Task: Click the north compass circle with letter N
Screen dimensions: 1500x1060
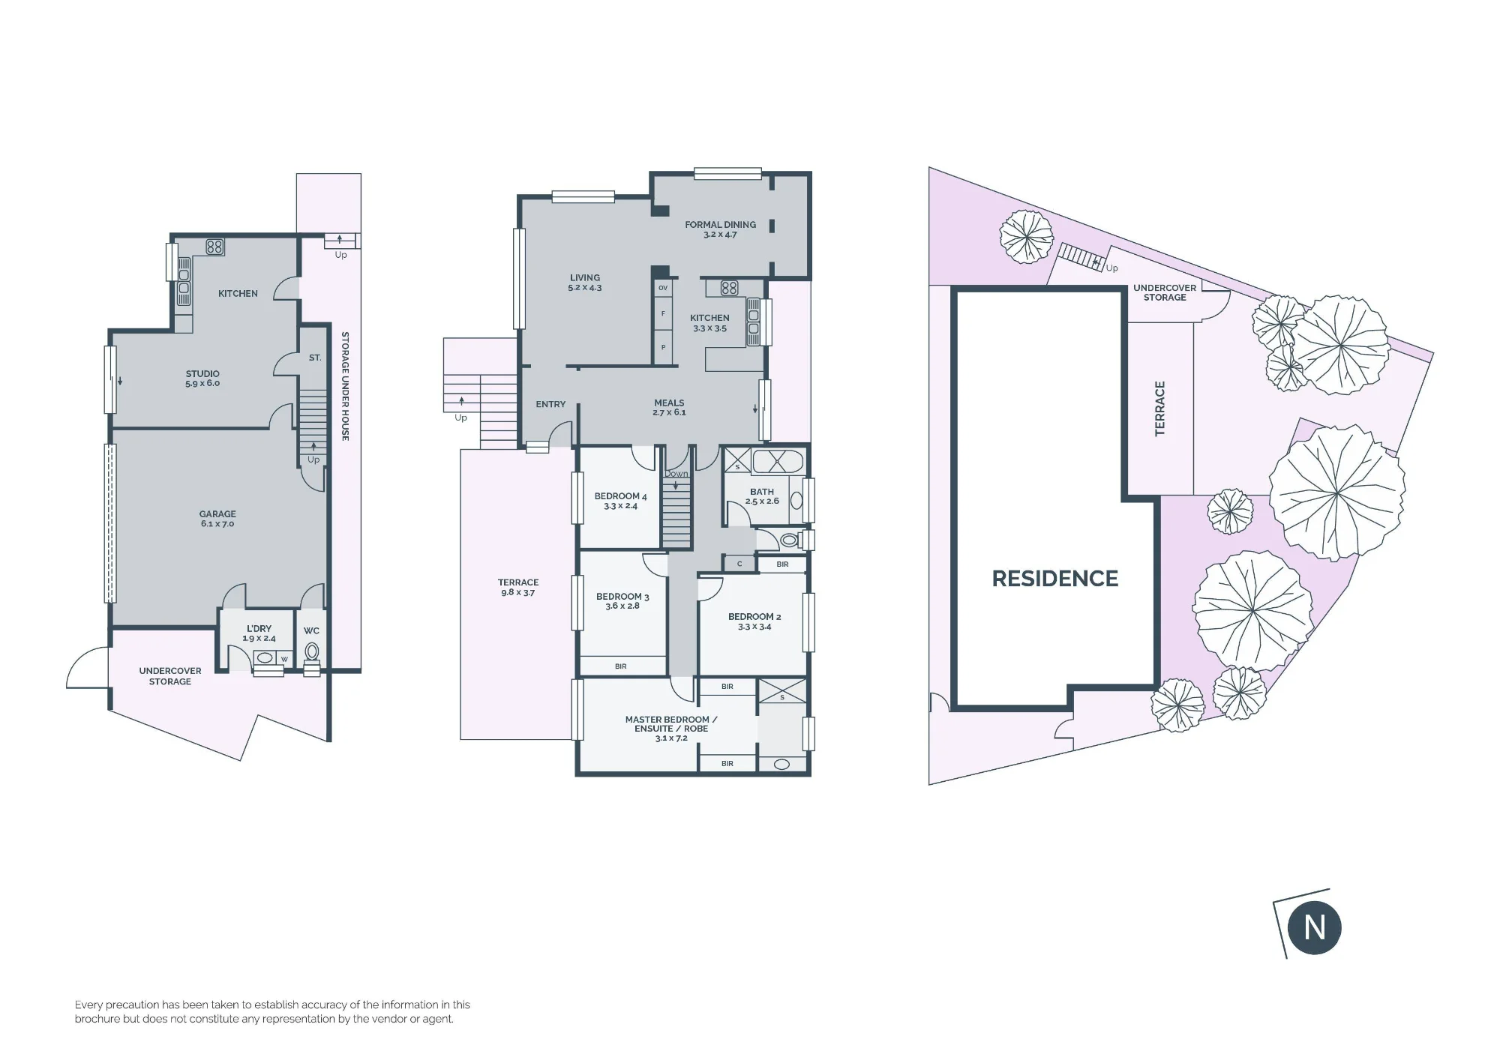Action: pyautogui.click(x=1315, y=927)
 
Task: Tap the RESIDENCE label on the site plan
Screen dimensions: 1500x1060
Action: pyautogui.click(x=1054, y=579)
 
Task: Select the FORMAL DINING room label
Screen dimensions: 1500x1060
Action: pyautogui.click(x=720, y=229)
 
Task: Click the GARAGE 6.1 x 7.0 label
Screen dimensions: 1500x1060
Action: pyautogui.click(x=217, y=519)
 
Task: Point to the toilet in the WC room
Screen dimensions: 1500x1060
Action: pyautogui.click(x=312, y=652)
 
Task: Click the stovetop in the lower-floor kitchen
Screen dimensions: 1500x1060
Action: pyautogui.click(x=214, y=247)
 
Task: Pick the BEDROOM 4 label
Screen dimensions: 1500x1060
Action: pyautogui.click(x=620, y=501)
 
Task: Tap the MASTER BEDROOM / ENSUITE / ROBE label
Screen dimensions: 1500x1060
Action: pyautogui.click(x=670, y=729)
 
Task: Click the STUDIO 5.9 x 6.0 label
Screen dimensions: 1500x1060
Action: pyautogui.click(x=202, y=379)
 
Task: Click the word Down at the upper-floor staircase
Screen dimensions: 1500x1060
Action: pyautogui.click(x=676, y=474)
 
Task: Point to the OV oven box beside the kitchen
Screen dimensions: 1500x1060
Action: pyautogui.click(x=663, y=288)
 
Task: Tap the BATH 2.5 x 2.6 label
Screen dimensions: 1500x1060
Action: pyautogui.click(x=762, y=496)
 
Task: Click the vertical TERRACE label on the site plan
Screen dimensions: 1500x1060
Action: pyautogui.click(x=1160, y=409)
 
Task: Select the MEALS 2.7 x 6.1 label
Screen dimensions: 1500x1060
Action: pyautogui.click(x=669, y=408)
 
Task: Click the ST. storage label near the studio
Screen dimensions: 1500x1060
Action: pyautogui.click(x=315, y=358)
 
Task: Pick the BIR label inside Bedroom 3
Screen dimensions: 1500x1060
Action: pyautogui.click(x=620, y=666)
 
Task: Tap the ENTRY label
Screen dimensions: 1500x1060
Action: pyautogui.click(x=550, y=404)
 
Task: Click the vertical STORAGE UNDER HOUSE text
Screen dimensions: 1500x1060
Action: pyautogui.click(x=345, y=386)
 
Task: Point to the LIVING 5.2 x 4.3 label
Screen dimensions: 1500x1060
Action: pyautogui.click(x=585, y=283)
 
